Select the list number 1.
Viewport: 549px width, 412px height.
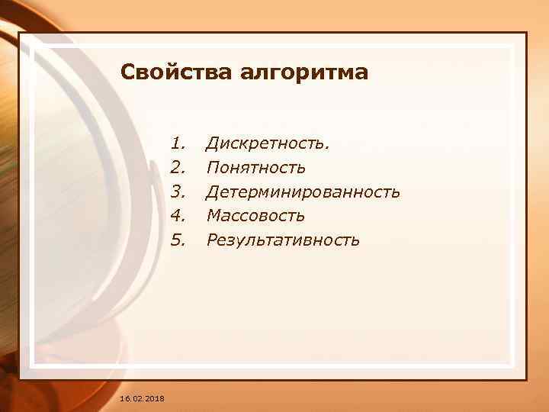tap(178, 143)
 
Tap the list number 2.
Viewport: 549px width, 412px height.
tap(178, 167)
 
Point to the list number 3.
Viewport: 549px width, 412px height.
tap(178, 192)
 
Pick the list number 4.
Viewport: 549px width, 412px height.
tap(178, 216)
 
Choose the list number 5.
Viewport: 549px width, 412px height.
tap(178, 240)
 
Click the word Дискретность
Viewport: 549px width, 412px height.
tap(268, 143)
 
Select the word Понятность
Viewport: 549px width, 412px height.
tap(256, 167)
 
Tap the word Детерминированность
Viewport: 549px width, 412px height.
tap(303, 192)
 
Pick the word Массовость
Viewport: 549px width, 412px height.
tap(255, 216)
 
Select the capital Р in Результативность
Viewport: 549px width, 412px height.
tap(212, 240)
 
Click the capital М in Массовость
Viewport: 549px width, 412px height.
tap(213, 216)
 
